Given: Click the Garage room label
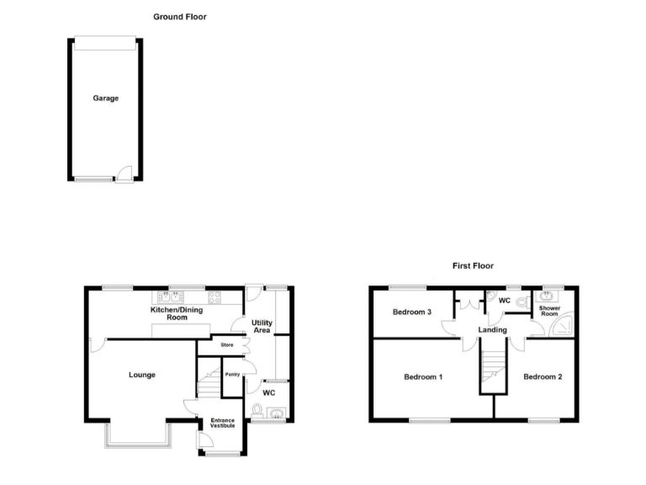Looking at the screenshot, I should [105, 99].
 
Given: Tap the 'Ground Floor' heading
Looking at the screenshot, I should [179, 17].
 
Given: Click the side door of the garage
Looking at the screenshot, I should [124, 173].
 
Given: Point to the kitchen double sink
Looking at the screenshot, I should [172, 296].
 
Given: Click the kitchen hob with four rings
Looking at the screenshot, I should [214, 296].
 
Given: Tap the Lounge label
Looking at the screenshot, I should [141, 375].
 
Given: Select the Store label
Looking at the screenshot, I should [225, 345].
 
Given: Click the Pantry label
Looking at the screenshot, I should [232, 374].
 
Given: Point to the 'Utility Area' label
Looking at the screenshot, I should [261, 327].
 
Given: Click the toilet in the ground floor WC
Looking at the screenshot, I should [258, 410].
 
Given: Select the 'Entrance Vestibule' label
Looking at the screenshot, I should [222, 424].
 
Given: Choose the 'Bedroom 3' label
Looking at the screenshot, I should [412, 312].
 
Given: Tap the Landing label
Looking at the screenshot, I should [492, 330].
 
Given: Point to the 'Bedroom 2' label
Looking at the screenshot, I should [543, 376].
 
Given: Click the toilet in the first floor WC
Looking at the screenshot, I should [522, 301].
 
